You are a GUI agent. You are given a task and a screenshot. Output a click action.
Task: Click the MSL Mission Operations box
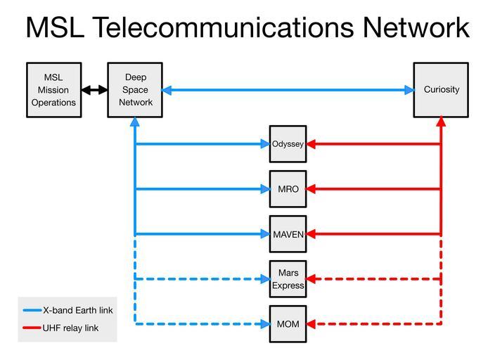click(x=53, y=89)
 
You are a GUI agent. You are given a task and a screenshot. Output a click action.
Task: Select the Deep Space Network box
click(x=135, y=89)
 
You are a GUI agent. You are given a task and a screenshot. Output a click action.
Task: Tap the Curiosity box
click(x=441, y=89)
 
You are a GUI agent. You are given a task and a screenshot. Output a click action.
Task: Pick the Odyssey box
click(x=288, y=144)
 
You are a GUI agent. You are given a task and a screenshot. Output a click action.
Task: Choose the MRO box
click(x=288, y=189)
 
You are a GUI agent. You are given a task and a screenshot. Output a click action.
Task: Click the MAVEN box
click(x=288, y=234)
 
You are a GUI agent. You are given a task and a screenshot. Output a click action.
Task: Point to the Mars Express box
click(x=288, y=279)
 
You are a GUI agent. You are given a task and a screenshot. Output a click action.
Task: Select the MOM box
click(x=288, y=324)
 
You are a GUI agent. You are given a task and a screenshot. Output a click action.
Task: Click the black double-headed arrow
click(x=94, y=90)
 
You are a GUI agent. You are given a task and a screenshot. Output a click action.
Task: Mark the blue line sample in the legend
click(x=32, y=310)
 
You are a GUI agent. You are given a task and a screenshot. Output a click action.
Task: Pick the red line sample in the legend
click(x=32, y=328)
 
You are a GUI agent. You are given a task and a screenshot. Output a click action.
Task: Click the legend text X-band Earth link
click(x=77, y=310)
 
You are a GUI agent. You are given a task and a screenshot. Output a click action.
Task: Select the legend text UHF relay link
click(x=71, y=328)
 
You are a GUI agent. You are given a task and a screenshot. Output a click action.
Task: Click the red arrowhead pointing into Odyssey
click(x=311, y=144)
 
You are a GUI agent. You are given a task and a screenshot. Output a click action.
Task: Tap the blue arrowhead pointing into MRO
click(x=265, y=189)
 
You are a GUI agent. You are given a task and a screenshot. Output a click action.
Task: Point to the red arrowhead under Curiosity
click(x=441, y=122)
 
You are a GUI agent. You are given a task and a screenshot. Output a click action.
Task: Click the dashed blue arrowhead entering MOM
click(x=265, y=324)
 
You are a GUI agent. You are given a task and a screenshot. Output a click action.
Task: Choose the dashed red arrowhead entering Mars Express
click(x=311, y=279)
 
